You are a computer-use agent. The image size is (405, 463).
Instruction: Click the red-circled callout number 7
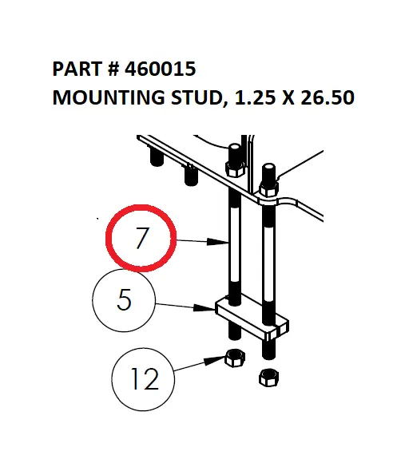141,237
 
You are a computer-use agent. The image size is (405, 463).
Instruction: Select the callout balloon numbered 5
125,302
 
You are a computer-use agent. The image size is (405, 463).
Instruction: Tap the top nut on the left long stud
235,168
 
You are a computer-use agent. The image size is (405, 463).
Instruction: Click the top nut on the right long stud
268,188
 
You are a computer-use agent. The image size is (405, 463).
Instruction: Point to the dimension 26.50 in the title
324,99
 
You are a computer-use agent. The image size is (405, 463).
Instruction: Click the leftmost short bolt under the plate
157,156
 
